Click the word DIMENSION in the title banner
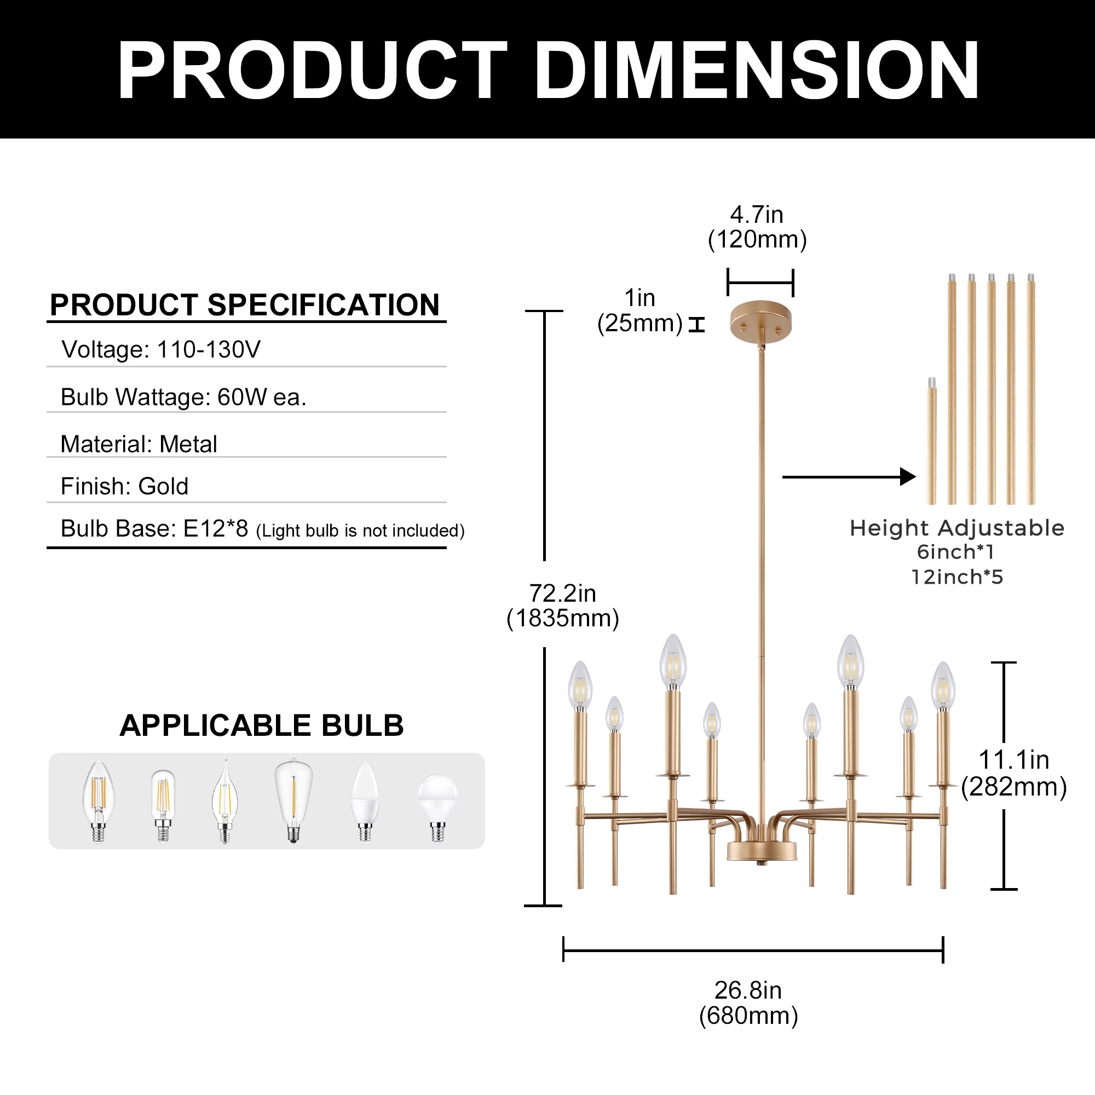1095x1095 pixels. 756,70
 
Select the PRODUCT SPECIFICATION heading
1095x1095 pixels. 245,305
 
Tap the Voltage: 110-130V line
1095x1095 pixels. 161,350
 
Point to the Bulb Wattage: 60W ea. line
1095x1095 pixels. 183,397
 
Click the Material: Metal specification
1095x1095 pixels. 139,445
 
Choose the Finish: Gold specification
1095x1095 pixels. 124,486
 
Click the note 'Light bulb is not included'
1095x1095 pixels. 360,531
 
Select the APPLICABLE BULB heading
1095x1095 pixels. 261,725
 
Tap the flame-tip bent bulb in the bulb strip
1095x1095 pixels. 225,802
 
